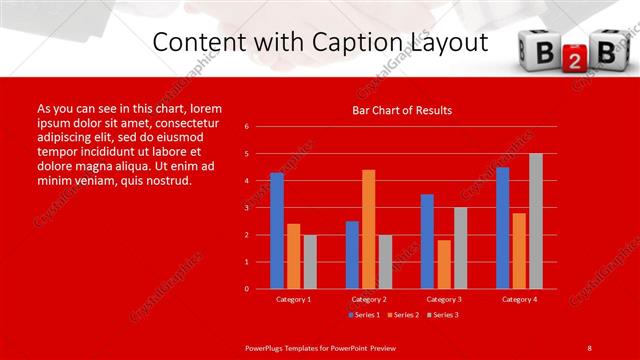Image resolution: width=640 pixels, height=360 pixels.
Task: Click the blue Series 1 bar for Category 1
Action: (277, 231)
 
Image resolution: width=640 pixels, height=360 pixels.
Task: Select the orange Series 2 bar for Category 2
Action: (369, 229)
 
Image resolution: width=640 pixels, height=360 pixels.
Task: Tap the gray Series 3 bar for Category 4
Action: (535, 221)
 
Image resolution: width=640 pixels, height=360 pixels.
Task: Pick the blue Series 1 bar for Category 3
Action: (427, 241)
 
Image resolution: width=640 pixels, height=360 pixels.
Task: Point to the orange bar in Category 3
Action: (444, 264)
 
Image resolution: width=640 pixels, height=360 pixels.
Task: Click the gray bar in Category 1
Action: (310, 262)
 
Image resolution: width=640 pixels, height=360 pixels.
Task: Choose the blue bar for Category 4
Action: (502, 228)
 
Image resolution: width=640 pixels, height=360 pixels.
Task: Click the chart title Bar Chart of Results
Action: (402, 110)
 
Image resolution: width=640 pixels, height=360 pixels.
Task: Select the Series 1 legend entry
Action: (363, 315)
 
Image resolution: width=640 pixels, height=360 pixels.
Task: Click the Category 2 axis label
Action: (369, 299)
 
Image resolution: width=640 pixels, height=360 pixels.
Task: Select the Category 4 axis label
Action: (518, 299)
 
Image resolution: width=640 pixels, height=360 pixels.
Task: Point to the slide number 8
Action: (589, 348)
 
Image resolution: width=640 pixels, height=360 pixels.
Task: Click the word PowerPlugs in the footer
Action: (267, 348)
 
